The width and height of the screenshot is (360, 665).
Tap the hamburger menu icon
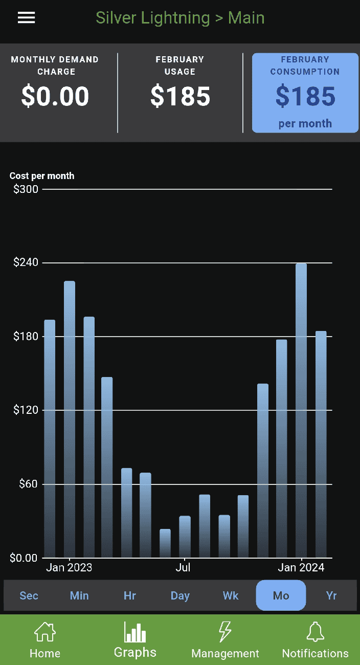(x=26, y=18)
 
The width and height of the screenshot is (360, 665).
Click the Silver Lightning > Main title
(x=180, y=18)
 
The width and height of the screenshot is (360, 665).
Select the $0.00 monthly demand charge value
(x=55, y=96)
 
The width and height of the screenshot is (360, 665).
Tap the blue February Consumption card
(x=305, y=93)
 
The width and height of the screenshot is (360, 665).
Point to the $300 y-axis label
(x=26, y=189)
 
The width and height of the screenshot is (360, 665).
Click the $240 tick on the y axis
(x=26, y=263)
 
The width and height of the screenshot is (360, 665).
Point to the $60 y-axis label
(x=29, y=484)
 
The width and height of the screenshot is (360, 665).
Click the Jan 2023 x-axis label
(x=69, y=567)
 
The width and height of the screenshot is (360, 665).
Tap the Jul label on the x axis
(x=183, y=567)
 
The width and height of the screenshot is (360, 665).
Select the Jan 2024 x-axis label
(x=301, y=567)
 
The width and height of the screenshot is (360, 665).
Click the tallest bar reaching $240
(x=301, y=409)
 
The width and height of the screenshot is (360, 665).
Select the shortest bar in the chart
(x=165, y=543)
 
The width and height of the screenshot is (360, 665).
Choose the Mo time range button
(x=281, y=595)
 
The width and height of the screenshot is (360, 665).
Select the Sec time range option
(x=29, y=595)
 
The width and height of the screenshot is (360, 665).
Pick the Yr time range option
(x=331, y=595)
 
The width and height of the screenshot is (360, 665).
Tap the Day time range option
(x=180, y=595)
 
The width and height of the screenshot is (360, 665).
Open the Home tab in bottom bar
(x=45, y=639)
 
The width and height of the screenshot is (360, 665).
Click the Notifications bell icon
(x=315, y=633)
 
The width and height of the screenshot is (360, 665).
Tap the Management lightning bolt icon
(x=225, y=633)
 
